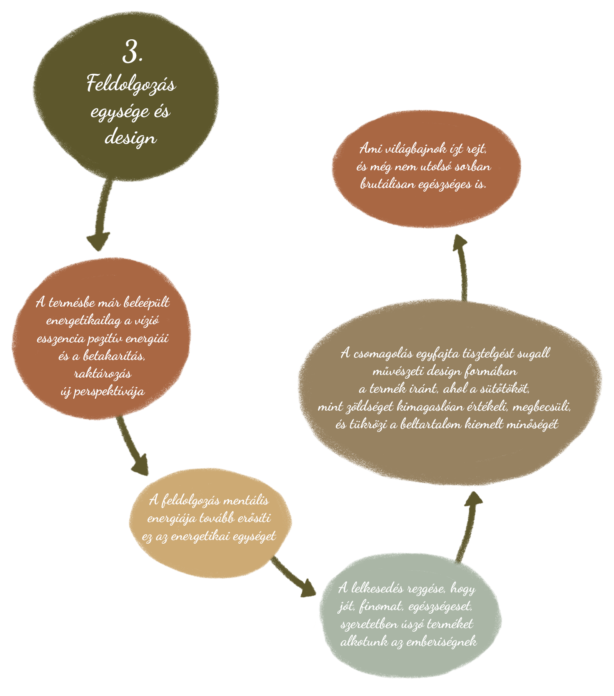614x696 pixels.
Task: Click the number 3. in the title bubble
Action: pyautogui.click(x=132, y=53)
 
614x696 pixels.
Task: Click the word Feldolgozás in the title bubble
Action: pyautogui.click(x=131, y=85)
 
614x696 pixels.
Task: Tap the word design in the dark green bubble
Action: pyautogui.click(x=131, y=138)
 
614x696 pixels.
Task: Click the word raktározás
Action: pyautogui.click(x=102, y=373)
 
